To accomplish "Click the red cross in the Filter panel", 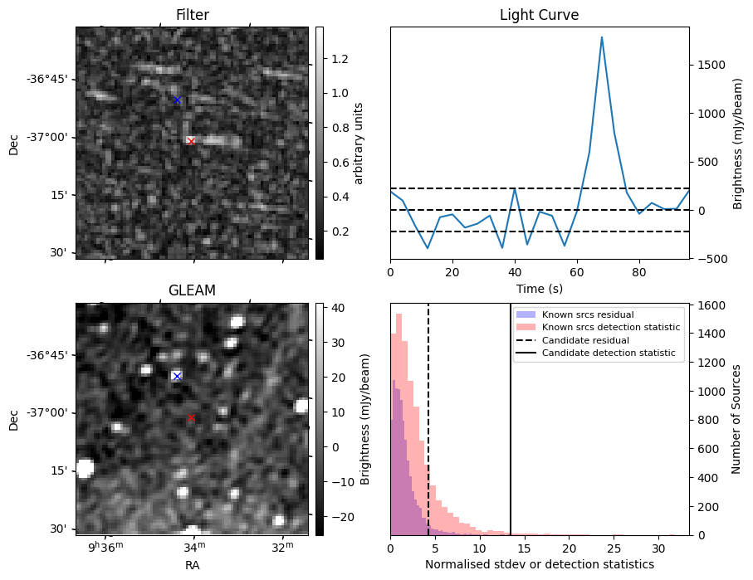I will (x=191, y=141).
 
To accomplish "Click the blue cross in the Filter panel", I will (x=177, y=100).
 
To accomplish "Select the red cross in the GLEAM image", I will (x=191, y=417).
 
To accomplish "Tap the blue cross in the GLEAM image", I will (x=176, y=376).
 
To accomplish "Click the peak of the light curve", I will (x=602, y=37).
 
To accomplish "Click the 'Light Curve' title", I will (x=539, y=15).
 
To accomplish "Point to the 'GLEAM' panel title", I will (x=192, y=290).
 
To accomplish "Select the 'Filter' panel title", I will (x=192, y=15).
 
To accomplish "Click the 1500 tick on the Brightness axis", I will (x=710, y=65).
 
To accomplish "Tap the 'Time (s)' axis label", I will (x=539, y=288).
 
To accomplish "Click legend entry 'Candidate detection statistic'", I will (x=608, y=354).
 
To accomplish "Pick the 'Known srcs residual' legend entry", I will (x=588, y=314).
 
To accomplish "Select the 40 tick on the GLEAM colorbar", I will (x=335, y=308).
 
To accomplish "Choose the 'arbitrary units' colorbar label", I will (x=359, y=143).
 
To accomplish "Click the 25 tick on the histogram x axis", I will (x=613, y=548).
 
